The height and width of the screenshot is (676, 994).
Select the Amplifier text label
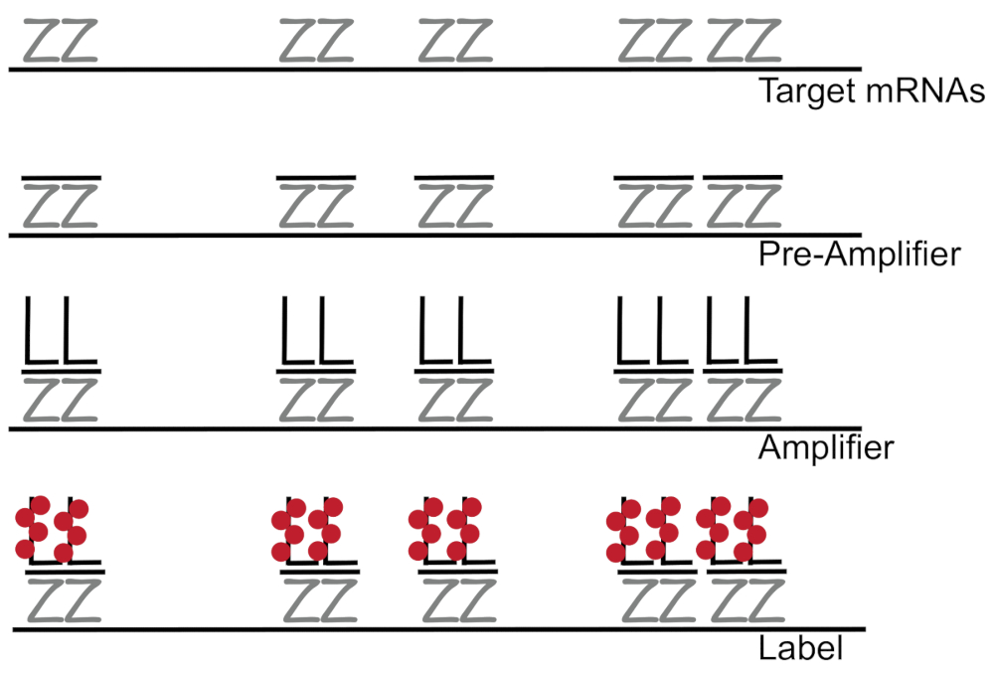[826, 448]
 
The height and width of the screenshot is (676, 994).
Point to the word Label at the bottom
[801, 649]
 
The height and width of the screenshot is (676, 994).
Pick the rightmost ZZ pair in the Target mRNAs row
[743, 42]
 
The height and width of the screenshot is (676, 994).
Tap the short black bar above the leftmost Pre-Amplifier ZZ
[60, 178]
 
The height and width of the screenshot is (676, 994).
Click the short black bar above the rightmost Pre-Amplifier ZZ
[743, 178]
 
